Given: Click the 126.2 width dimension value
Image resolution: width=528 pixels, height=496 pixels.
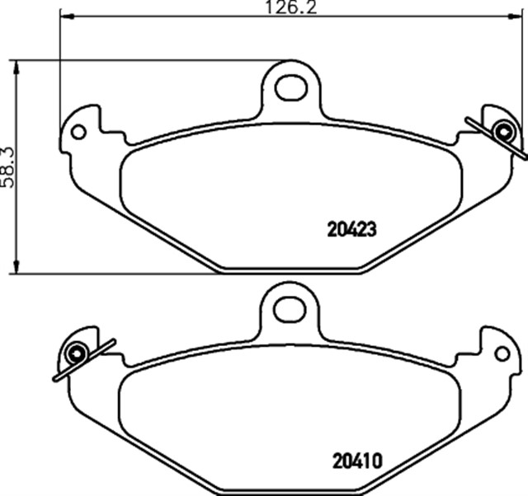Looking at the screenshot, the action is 291,7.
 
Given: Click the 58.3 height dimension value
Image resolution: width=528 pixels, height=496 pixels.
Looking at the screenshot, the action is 7,167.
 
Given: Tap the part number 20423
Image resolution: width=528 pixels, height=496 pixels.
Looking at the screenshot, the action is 351,230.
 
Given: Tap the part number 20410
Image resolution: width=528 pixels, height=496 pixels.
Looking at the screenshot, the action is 357,461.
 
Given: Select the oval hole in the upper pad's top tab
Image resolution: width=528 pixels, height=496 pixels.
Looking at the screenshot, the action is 291,87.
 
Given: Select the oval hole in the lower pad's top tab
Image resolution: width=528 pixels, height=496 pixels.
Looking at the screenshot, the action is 290,309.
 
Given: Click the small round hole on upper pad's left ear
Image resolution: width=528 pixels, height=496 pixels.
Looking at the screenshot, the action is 79,132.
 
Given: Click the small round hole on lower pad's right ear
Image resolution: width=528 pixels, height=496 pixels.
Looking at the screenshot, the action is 502,353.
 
